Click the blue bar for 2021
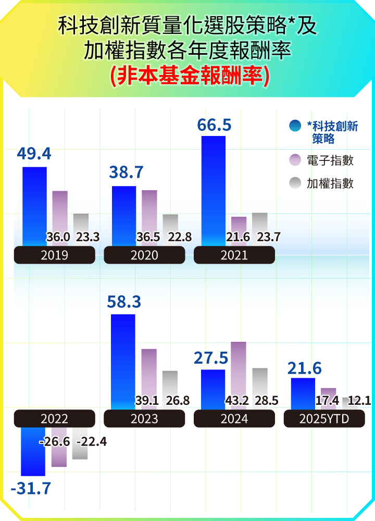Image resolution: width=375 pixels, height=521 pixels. click(214, 190)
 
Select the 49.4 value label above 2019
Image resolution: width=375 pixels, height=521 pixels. click(34, 154)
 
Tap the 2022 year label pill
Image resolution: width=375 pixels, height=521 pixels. click(54, 419)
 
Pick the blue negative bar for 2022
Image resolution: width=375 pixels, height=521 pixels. click(33, 451)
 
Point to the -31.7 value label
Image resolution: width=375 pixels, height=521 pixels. click(31, 489)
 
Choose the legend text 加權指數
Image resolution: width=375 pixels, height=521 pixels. click(330, 183)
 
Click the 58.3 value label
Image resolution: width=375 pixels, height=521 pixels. click(124, 302)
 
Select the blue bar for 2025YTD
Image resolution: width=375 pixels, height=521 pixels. click(303, 393)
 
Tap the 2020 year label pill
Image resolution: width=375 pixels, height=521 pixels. click(144, 255)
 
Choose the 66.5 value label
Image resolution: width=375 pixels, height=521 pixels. click(214, 126)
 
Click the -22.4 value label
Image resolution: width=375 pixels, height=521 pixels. click(92, 442)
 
